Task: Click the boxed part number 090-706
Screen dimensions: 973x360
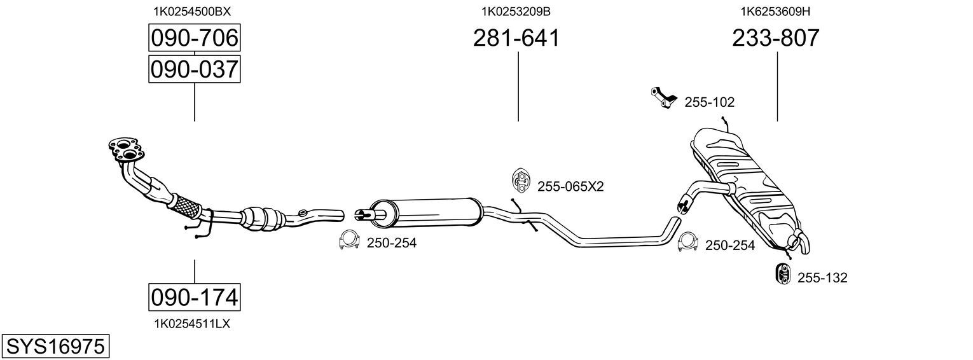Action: (x=194, y=38)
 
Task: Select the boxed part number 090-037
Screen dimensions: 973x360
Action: (x=194, y=69)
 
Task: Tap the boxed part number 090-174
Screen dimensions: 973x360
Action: (x=194, y=298)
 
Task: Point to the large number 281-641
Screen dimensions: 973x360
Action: (x=516, y=38)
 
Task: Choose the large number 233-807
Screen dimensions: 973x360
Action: (x=775, y=38)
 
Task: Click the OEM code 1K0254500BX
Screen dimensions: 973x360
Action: (x=192, y=11)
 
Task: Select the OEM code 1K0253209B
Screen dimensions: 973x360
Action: (x=516, y=11)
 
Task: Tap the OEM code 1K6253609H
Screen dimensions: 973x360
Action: (x=775, y=11)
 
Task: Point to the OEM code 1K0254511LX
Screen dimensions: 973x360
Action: (x=192, y=324)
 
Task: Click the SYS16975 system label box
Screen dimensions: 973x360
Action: (x=55, y=347)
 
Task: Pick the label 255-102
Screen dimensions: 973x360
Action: (x=709, y=102)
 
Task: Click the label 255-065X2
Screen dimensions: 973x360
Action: (x=570, y=187)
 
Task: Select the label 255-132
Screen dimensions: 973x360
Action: (x=822, y=278)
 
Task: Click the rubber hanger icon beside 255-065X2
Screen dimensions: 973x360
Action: (x=520, y=180)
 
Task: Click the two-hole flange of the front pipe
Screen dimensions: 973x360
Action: (x=126, y=149)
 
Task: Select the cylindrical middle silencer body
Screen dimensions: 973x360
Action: (x=425, y=212)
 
